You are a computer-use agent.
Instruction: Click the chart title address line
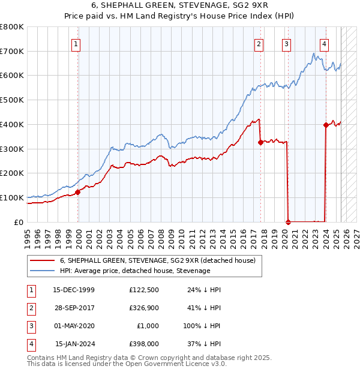point(180,5)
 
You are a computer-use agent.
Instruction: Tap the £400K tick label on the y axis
point(12,124)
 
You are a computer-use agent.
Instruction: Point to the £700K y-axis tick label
point(12,51)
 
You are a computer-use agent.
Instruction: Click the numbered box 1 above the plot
point(77,43)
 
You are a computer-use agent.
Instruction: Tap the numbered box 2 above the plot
point(259,43)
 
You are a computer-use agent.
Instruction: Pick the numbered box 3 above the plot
point(287,43)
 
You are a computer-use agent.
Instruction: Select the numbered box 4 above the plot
point(324,43)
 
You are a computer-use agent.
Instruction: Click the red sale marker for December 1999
point(78,192)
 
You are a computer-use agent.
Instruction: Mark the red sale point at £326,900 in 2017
point(260,142)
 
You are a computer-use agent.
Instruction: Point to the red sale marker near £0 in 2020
point(288,221)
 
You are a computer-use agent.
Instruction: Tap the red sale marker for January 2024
point(326,125)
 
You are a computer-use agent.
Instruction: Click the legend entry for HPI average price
point(135,271)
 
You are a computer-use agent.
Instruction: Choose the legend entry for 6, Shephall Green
point(158,260)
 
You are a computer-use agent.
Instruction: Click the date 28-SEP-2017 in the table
point(74,308)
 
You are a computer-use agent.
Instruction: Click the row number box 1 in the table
point(30,290)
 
